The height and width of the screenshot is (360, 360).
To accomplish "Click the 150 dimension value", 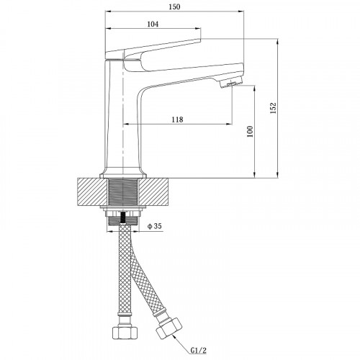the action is (174, 6).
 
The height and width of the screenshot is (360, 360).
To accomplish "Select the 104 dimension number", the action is (153, 24).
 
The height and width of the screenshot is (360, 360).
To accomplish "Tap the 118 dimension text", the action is (177, 120).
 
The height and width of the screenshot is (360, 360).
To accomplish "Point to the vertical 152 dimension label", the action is (274, 108).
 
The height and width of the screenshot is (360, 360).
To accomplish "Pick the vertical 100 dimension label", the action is (250, 131).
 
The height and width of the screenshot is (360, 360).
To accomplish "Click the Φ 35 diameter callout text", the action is (155, 226).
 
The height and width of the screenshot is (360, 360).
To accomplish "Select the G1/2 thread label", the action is (199, 351).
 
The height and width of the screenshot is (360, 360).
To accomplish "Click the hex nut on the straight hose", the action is (125, 333).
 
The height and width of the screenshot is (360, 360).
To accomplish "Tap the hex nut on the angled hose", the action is (168, 328).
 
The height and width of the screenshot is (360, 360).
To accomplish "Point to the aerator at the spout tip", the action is (230, 84).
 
